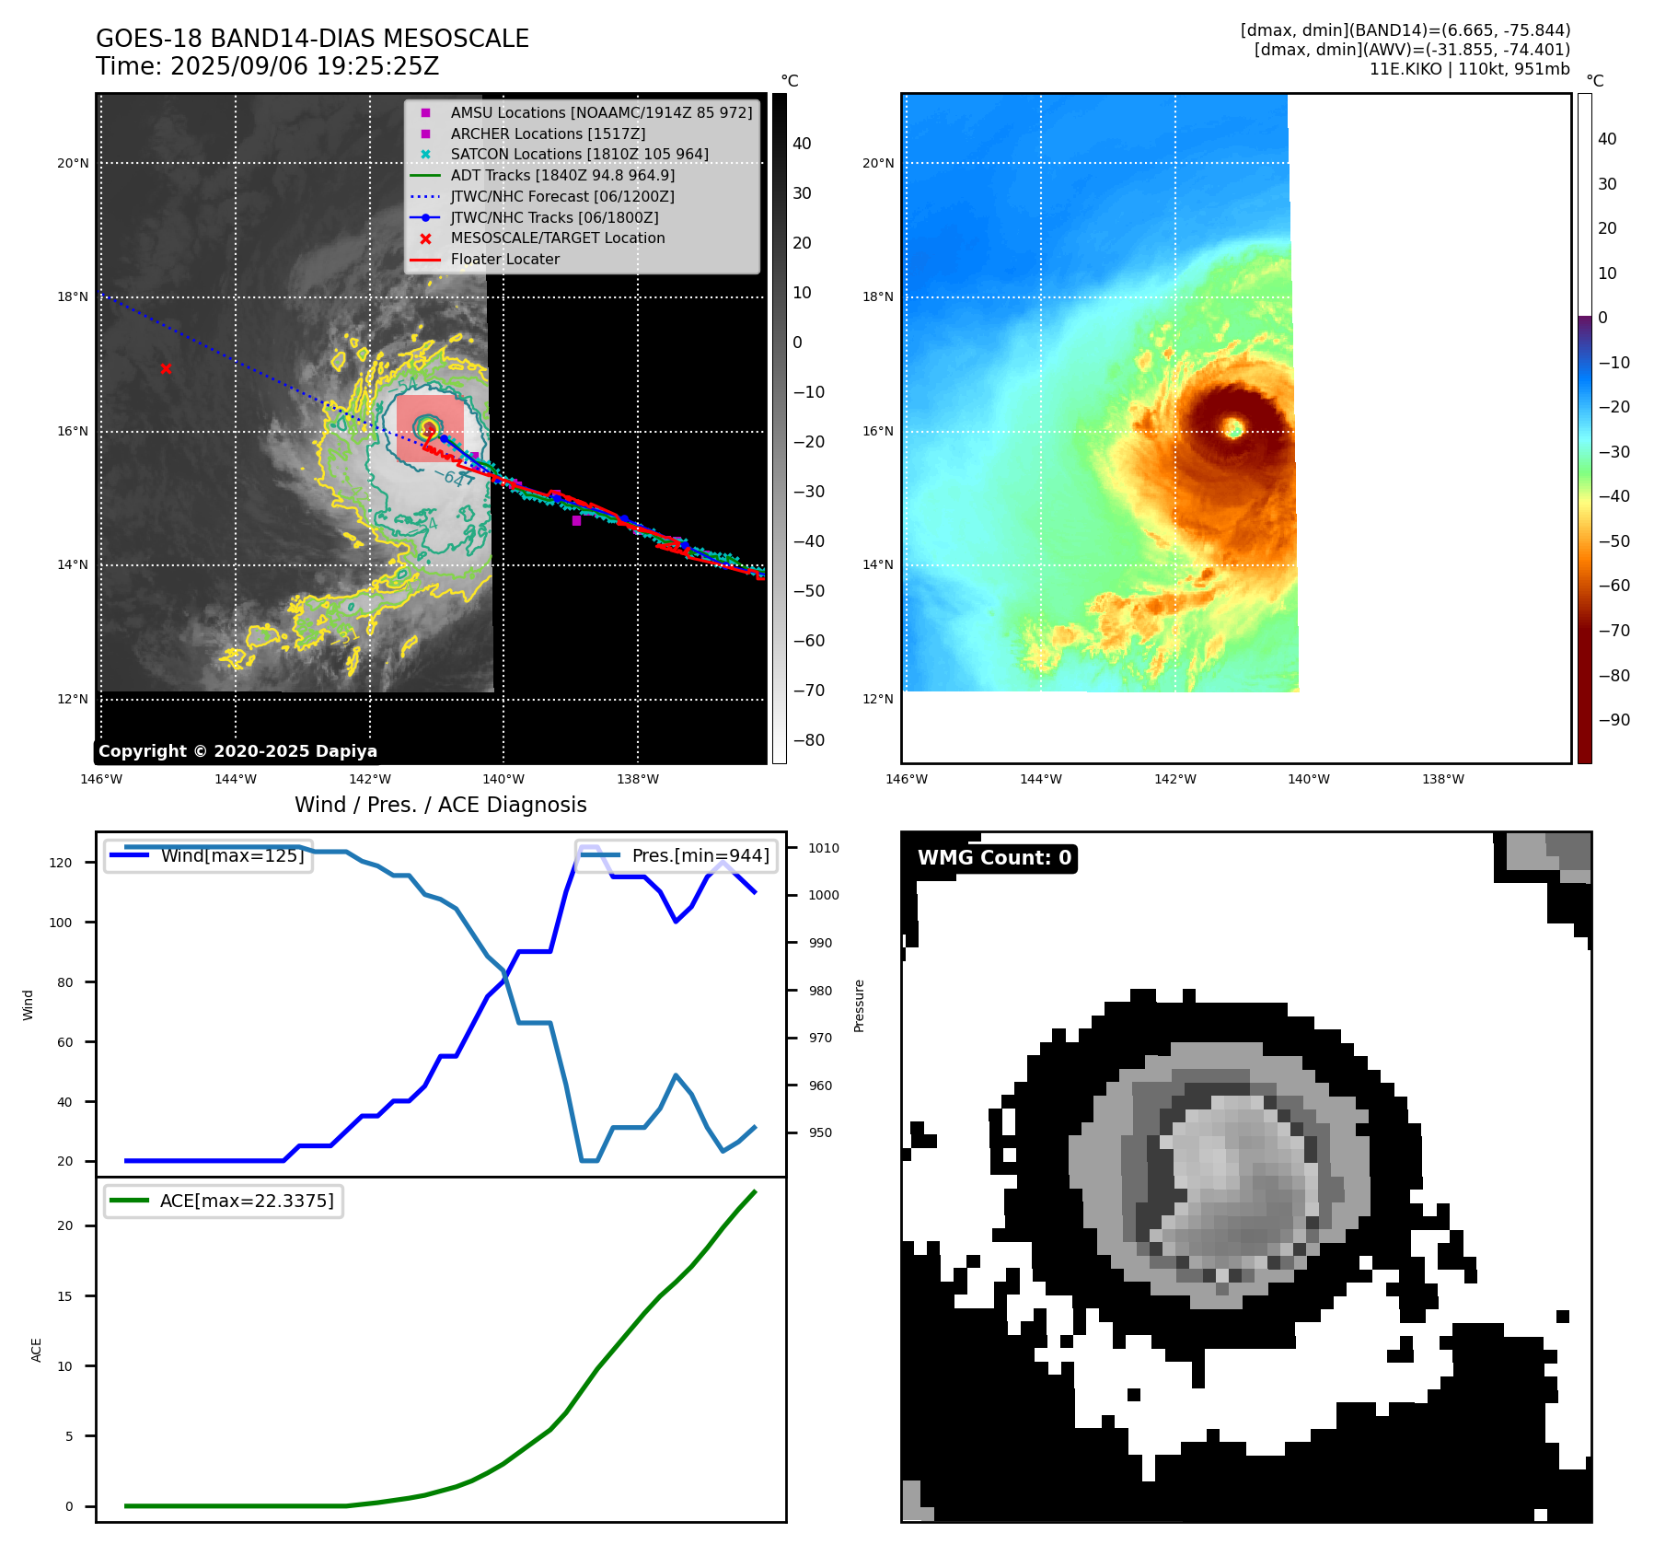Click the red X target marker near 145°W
click(166, 368)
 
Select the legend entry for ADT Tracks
click(561, 175)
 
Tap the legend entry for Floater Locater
click(504, 259)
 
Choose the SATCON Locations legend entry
click(579, 154)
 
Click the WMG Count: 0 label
click(994, 858)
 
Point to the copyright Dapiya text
click(237, 751)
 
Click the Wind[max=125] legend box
click(209, 855)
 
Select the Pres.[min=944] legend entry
click(677, 855)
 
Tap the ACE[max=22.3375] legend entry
click(224, 1201)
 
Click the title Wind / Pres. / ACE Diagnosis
click(440, 805)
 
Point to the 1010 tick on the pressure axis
click(824, 848)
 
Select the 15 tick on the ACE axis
click(64, 1296)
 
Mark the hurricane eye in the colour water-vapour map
click(1234, 428)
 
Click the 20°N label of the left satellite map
click(73, 164)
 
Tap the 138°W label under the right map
click(1442, 779)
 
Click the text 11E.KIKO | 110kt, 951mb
click(1469, 69)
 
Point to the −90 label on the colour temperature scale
click(1614, 720)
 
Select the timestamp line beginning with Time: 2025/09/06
click(267, 66)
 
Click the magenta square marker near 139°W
click(576, 520)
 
